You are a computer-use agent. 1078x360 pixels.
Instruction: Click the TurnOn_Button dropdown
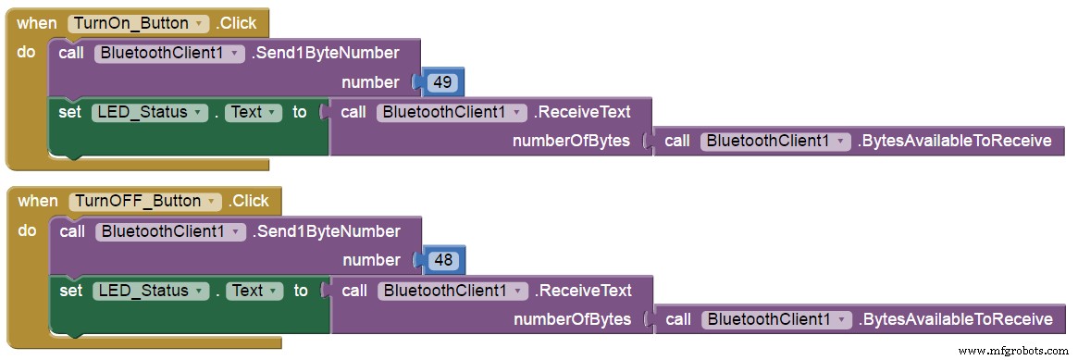pyautogui.click(x=138, y=23)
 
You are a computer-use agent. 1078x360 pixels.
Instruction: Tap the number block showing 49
pyautogui.click(x=442, y=82)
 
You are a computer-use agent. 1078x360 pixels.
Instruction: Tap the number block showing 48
pyautogui.click(x=443, y=260)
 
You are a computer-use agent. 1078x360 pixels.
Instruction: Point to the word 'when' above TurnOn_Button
pyautogui.click(x=36, y=23)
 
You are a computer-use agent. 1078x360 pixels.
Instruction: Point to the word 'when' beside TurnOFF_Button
pyautogui.click(x=38, y=201)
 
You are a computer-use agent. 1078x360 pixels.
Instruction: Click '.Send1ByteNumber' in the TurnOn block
pyautogui.click(x=325, y=53)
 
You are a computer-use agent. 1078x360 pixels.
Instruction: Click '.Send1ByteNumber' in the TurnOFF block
pyautogui.click(x=326, y=231)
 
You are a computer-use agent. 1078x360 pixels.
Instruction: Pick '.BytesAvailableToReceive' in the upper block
pyautogui.click(x=954, y=141)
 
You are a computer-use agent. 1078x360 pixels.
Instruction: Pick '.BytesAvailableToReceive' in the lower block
pyautogui.click(x=955, y=319)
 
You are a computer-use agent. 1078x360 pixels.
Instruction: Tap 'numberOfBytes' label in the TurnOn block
pyautogui.click(x=572, y=141)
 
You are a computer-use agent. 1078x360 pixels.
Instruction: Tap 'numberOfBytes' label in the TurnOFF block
pyautogui.click(x=573, y=319)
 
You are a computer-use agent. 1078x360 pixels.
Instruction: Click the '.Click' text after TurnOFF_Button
pyautogui.click(x=249, y=201)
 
